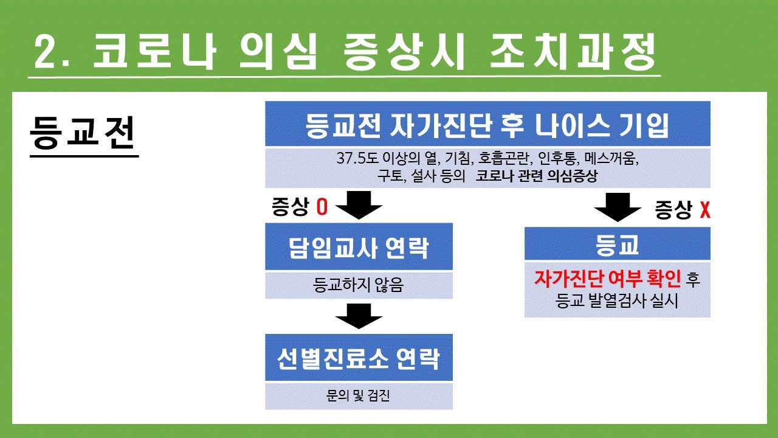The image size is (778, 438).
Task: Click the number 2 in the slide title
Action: [47, 52]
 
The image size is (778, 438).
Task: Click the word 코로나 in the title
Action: [154, 52]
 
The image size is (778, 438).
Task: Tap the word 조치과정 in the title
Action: [573, 52]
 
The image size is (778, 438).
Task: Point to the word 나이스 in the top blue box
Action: [572, 125]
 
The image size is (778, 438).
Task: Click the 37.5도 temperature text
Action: [357, 159]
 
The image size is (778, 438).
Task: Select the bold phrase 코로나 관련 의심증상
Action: [537, 176]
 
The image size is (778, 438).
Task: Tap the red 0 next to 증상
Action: [322, 207]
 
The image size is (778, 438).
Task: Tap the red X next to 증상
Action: [705, 210]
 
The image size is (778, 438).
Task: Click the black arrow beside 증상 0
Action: [359, 205]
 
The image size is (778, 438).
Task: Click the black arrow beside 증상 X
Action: [618, 207]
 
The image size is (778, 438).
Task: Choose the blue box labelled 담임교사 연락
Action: [359, 246]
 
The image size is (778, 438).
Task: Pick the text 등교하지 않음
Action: [359, 285]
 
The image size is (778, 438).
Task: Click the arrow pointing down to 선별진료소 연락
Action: [359, 316]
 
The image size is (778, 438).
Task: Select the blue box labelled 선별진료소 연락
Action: [359, 357]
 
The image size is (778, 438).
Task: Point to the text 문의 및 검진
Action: [358, 395]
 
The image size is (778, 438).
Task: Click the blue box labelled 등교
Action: [617, 244]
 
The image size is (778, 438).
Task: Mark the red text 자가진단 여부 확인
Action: [607, 279]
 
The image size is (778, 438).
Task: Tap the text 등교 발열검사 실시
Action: [616, 301]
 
